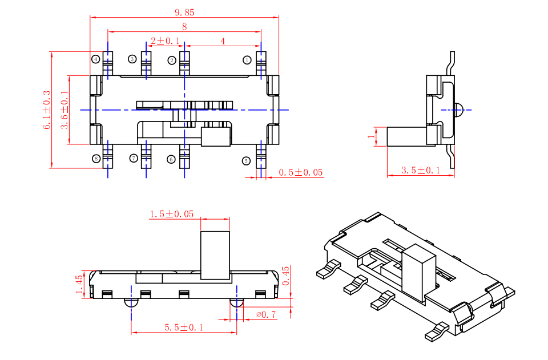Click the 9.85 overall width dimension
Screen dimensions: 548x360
tap(184, 13)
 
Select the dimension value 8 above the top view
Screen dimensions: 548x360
tap(184, 27)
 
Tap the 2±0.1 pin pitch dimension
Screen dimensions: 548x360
tap(166, 41)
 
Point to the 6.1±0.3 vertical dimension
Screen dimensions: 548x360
tap(47, 110)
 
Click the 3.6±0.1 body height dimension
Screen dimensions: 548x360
tap(65, 110)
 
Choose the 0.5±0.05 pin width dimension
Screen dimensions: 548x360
tap(301, 172)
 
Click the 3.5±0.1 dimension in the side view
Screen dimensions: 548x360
tap(421, 171)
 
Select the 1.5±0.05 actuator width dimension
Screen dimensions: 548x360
tap(172, 214)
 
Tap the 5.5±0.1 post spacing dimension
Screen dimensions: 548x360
tap(183, 327)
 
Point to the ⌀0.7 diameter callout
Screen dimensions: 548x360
tap(266, 314)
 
